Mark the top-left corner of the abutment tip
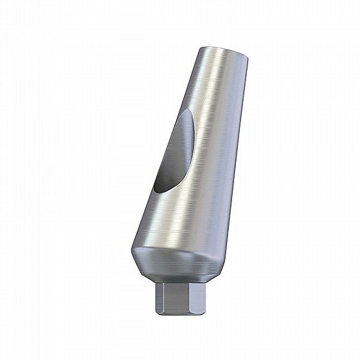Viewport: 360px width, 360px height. point(197,50)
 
